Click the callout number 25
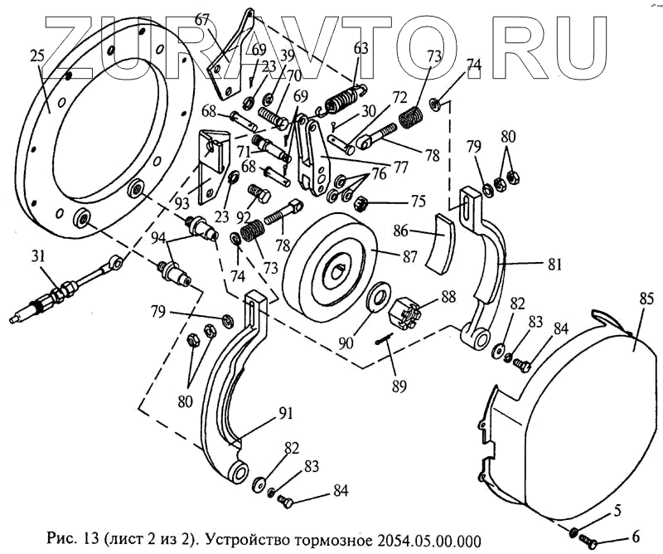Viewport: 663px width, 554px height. click(x=36, y=56)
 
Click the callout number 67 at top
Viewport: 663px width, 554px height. click(x=203, y=18)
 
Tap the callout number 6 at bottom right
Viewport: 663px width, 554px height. click(x=635, y=537)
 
